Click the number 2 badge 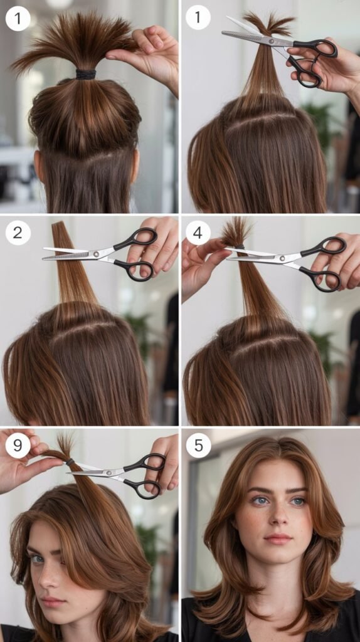pos(18,233)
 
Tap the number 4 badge pos(198,233)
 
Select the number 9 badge pos(18,446)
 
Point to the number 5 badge pos(198,446)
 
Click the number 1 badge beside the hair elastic pos(18,18)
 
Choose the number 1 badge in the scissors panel pos(198,18)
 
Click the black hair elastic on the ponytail pos(86,74)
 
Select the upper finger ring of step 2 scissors pos(143,239)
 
